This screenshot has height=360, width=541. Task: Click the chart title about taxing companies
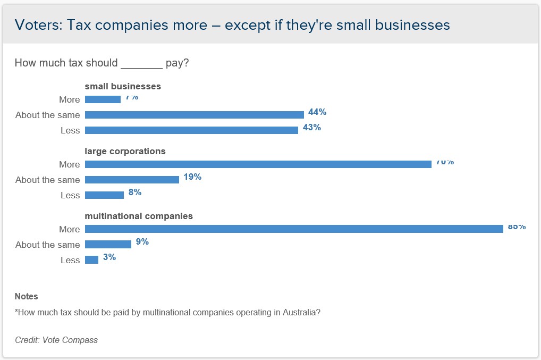(x=232, y=25)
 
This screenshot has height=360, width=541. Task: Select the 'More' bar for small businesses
(x=103, y=99)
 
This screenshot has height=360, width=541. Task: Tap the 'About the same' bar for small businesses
(x=195, y=115)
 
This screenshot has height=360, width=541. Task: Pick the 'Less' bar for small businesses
(x=191, y=130)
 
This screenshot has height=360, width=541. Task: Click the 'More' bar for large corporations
(x=258, y=164)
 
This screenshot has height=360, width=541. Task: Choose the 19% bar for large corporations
(x=132, y=180)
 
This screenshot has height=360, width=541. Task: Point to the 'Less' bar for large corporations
(x=104, y=195)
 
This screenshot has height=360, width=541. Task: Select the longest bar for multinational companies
(x=294, y=229)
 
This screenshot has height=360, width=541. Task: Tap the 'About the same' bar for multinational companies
(x=108, y=245)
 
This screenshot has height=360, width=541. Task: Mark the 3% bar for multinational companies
(x=91, y=260)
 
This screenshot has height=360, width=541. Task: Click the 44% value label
(x=317, y=112)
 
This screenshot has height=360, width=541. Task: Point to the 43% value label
(x=311, y=128)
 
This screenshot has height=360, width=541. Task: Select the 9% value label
(x=142, y=242)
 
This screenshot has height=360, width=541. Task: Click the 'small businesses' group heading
(x=123, y=86)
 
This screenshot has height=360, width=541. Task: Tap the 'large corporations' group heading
(x=125, y=151)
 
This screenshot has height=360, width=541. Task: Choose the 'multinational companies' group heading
(x=139, y=216)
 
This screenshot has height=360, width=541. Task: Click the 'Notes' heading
(x=26, y=296)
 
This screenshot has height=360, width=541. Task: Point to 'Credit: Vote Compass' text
(x=56, y=340)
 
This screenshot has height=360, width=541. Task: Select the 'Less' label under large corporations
(x=70, y=195)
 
